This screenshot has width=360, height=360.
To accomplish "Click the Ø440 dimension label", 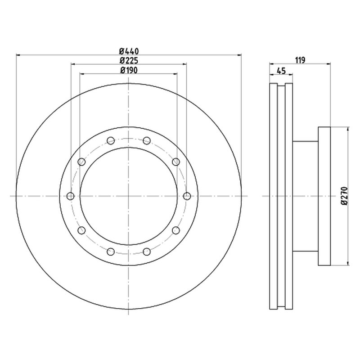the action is point(129,51).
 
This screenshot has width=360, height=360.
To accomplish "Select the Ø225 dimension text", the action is point(129,61).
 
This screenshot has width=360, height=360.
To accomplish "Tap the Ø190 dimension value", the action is point(129,70).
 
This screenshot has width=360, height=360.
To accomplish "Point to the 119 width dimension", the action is point(300,60).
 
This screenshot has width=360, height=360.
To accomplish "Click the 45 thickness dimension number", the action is point(281,71).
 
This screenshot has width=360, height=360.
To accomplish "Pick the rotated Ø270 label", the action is point(344,196).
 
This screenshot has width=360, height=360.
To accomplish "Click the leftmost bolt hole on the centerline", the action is point(71,196).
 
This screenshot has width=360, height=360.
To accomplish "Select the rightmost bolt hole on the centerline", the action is point(187,196).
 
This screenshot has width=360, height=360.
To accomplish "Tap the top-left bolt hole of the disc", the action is point(111,140).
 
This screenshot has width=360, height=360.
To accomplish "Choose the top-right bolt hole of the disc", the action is point(147,140).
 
